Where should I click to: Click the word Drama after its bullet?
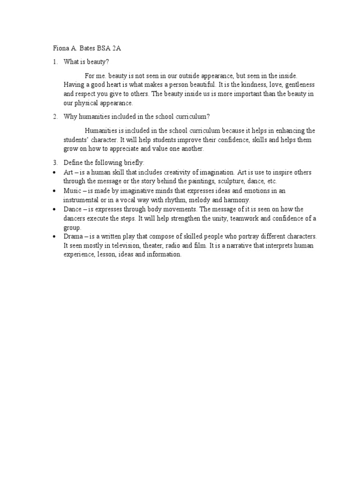73,236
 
